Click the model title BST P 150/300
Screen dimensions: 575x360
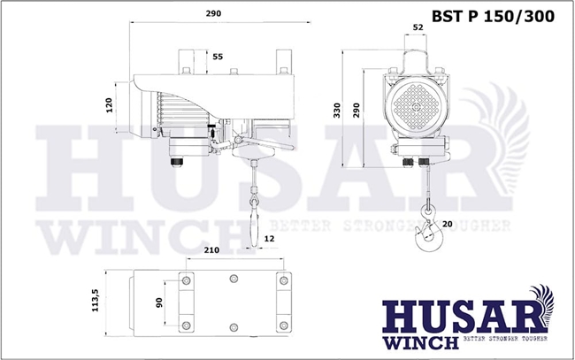[493, 17]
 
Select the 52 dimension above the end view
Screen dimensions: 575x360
[418, 27]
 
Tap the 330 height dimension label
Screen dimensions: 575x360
[337, 111]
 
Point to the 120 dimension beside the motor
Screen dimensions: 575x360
[109, 105]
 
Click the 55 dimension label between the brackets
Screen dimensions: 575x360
[218, 57]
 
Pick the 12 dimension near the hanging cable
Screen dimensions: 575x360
[269, 239]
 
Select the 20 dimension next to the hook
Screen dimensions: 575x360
[447, 224]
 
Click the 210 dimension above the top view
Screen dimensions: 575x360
[212, 250]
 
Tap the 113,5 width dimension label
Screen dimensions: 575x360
[95, 301]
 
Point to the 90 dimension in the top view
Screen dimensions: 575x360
[158, 303]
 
